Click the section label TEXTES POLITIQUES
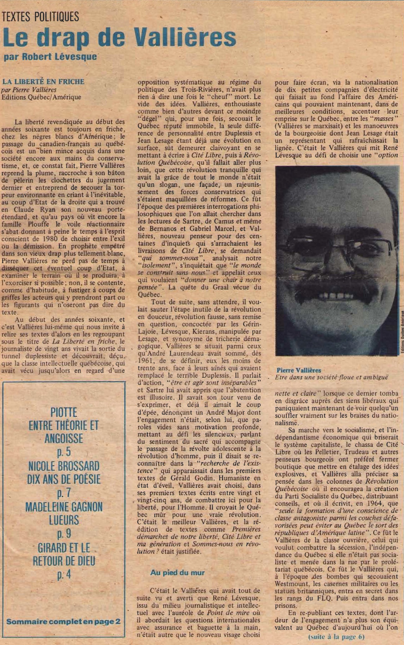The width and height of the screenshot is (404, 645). coord(40,16)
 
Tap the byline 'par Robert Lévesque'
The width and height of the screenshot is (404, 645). coord(50,57)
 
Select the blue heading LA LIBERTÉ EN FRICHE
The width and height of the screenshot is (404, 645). coord(43,82)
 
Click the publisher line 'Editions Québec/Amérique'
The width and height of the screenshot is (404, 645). coord(41,97)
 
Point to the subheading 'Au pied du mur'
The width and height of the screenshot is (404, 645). coord(177,572)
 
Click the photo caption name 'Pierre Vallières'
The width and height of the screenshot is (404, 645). coord(299,370)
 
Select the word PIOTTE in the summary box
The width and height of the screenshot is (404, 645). coord(64,412)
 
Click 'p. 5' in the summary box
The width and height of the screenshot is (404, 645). coord(64,452)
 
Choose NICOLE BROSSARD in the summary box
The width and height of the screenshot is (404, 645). coord(64,466)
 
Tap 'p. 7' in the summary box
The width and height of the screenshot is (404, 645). coord(64,493)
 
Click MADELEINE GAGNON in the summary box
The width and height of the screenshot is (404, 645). coord(64,507)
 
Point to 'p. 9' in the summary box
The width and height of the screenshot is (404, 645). coord(64,534)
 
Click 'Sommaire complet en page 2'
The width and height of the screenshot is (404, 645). coord(63,621)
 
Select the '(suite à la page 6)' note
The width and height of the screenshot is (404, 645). coord(336,637)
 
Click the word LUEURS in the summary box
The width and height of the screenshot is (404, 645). coord(64,520)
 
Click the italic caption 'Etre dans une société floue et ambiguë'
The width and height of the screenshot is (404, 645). coord(331,378)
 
